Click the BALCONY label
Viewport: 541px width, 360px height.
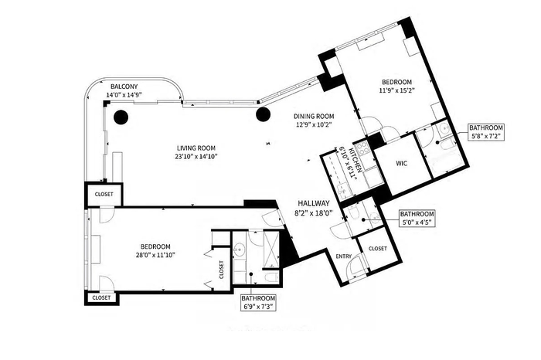click(x=124, y=87)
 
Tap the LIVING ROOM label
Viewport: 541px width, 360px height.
click(x=196, y=148)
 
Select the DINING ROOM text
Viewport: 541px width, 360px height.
click(x=314, y=117)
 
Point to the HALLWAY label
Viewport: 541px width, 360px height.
click(x=314, y=203)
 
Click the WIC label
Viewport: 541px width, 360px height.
click(x=402, y=163)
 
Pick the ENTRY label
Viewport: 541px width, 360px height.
click(x=344, y=256)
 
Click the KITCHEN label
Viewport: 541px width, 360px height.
click(x=356, y=159)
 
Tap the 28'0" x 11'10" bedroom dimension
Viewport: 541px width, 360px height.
click(x=155, y=255)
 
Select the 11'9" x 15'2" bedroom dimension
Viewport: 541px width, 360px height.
click(x=396, y=90)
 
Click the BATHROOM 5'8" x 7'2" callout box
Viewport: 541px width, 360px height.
click(x=486, y=132)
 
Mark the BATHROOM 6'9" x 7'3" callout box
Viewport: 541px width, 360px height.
click(x=258, y=303)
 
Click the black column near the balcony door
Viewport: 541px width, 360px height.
click(x=121, y=117)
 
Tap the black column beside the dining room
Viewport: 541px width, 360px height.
click(x=263, y=114)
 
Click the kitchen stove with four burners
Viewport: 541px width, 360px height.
click(x=363, y=148)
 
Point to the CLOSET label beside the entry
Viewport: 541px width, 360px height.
click(x=378, y=249)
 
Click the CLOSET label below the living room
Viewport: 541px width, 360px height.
click(x=104, y=194)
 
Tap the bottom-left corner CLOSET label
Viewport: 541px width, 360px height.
click(x=101, y=297)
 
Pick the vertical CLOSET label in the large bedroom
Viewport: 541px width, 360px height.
click(x=222, y=270)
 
